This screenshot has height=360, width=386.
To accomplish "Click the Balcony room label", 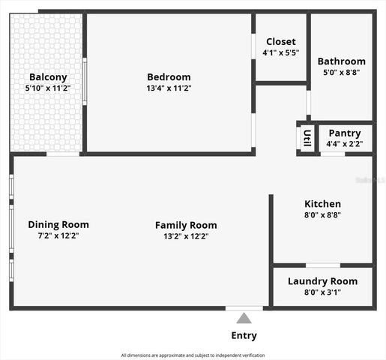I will point(48,77).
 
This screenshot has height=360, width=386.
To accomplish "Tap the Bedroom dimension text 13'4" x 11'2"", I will point(169,88).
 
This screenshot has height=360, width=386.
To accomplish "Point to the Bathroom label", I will point(341,61).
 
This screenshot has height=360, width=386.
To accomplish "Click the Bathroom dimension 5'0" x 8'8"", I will point(341,73).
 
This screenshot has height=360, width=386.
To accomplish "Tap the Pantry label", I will point(344,133).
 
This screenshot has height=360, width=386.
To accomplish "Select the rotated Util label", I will point(307,139).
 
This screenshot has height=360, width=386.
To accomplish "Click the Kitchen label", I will point(322,204).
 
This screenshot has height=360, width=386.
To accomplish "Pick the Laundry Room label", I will point(322,281).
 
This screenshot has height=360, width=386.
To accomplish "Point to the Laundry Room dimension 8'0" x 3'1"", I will point(322,292).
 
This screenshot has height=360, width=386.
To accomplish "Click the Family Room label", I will point(186,225).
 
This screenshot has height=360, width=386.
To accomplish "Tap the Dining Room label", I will point(58,224).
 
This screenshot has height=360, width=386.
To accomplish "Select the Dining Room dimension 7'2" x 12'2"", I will point(58,235).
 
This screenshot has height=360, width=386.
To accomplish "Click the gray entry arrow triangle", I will point(244,318).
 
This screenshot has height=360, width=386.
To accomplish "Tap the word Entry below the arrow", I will point(244,335).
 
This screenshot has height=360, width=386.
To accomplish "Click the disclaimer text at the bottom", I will point(193,355).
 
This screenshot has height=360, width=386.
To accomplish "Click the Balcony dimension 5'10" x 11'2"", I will point(48,88).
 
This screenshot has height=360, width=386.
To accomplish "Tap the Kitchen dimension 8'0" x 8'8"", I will point(322,215).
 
